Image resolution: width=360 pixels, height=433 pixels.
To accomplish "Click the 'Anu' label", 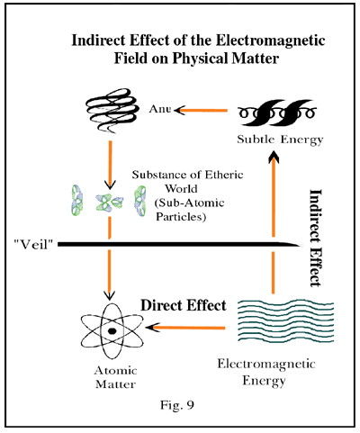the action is point(160,109).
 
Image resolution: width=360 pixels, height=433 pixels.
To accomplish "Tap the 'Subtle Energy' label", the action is point(280,140).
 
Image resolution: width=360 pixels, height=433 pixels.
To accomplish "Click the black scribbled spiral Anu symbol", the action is point(112,110).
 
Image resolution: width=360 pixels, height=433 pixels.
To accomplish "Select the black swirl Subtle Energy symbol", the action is point(277,113).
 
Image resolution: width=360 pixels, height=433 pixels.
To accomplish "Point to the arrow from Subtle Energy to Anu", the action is point(201,111).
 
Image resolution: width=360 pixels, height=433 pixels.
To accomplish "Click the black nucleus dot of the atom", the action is point(112,331).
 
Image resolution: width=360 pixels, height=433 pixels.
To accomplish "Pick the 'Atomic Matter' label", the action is point(115,377).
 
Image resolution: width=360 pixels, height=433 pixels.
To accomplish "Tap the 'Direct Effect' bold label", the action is point(184,305).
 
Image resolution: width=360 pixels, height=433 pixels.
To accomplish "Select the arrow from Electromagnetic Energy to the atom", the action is point(185,328).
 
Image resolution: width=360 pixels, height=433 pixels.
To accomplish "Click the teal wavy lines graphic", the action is point(285,320).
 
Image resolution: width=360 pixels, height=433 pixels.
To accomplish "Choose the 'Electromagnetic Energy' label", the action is point(266,372).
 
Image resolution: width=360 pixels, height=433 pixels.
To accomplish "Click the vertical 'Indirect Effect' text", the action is point(315,238).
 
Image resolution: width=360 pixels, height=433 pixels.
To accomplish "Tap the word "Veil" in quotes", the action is point(33,245).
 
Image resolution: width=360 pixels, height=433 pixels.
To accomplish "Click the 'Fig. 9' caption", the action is point(177,405).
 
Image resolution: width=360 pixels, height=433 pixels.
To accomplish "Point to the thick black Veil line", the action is point(180,245).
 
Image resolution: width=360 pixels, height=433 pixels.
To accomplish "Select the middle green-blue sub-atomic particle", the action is point(109,202).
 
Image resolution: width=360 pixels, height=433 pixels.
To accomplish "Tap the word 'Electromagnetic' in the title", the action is point(271,41).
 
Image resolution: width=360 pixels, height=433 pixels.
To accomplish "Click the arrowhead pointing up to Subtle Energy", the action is point(274,157).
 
